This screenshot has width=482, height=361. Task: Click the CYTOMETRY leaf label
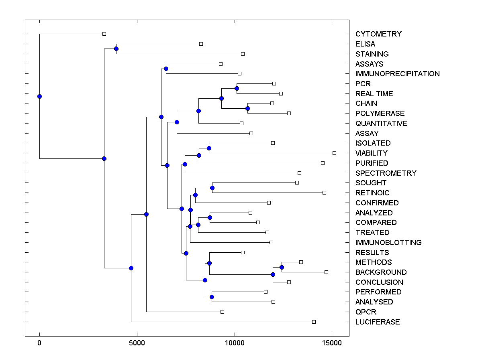pyautogui.click(x=378, y=34)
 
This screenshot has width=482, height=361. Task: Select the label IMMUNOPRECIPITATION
pyautogui.click(x=397, y=74)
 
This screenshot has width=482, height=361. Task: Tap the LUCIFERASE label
pyautogui.click(x=377, y=322)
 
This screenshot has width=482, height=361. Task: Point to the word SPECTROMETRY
pyautogui.click(x=386, y=173)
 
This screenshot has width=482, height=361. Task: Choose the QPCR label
pyautogui.click(x=366, y=312)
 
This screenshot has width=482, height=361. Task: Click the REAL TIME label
pyautogui.click(x=374, y=94)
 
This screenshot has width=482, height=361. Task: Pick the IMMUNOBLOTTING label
pyautogui.click(x=388, y=243)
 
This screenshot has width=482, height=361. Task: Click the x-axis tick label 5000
pyautogui.click(x=137, y=343)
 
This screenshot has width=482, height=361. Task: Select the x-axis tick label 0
pyautogui.click(x=39, y=343)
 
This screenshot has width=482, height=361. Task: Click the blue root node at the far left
pyautogui.click(x=39, y=96)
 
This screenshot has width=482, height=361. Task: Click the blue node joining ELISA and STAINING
pyautogui.click(x=116, y=49)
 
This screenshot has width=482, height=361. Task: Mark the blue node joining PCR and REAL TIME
pyautogui.click(x=237, y=89)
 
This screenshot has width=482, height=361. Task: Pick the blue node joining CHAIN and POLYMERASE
pyautogui.click(x=247, y=109)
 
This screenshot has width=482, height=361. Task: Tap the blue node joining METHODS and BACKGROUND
pyautogui.click(x=282, y=267)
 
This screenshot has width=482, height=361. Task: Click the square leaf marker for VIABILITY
pyautogui.click(x=334, y=153)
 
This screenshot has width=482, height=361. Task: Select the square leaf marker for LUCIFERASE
pyautogui.click(x=314, y=322)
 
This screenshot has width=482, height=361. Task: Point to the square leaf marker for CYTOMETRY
pyautogui.click(x=104, y=34)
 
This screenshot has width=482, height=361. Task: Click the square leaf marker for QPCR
pyautogui.click(x=222, y=312)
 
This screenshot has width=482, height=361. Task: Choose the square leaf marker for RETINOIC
pyautogui.click(x=324, y=193)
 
